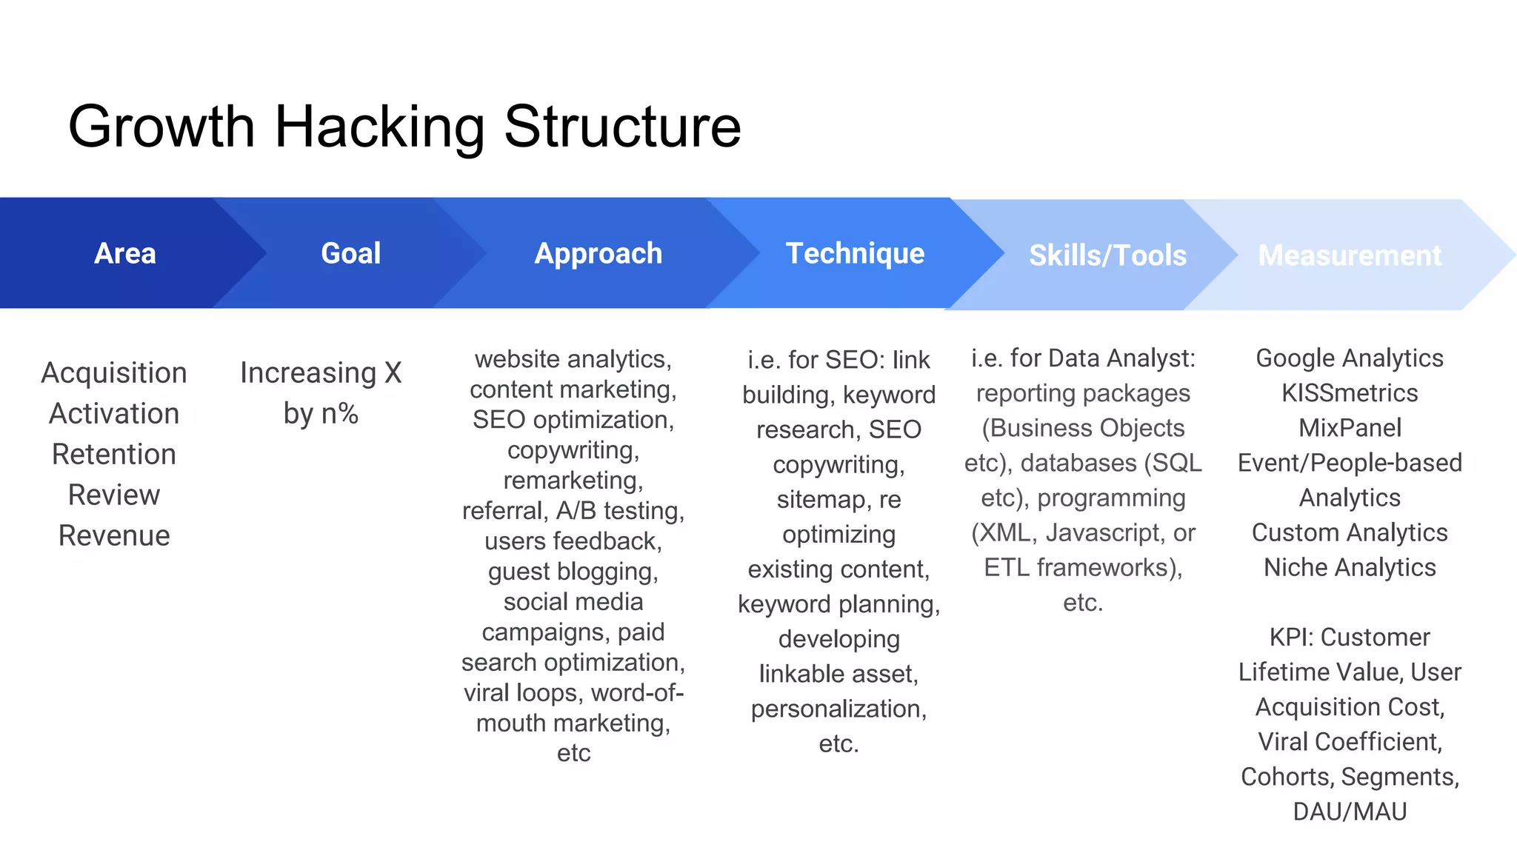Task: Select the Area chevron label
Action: coord(125,254)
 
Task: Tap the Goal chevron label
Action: coord(350,254)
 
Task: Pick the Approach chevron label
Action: coord(598,254)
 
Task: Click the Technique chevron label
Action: coord(855,254)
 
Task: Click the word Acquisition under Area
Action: coord(114,373)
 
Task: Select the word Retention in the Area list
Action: coord(114,455)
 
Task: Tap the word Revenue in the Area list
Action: coord(114,536)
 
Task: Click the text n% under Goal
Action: coord(339,414)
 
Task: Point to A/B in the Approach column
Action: coord(576,511)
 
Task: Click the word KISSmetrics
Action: coord(1350,393)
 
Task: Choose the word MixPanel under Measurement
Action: coord(1350,428)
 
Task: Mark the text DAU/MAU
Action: coord(1350,812)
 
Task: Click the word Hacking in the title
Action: coord(380,127)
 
